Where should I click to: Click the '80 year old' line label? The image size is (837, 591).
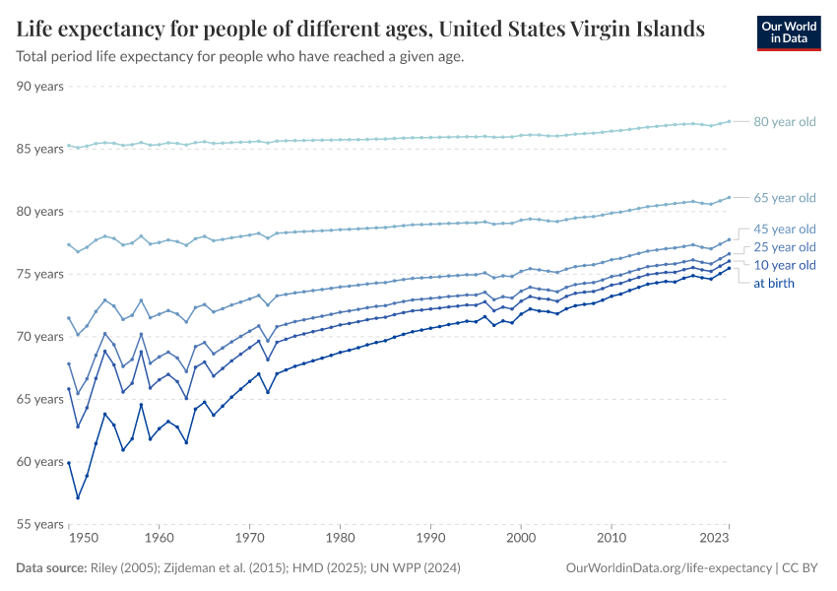pos(785,122)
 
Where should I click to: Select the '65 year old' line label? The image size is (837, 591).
pos(785,197)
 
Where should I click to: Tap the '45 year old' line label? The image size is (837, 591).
pos(785,229)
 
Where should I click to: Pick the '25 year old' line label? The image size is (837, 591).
pos(785,247)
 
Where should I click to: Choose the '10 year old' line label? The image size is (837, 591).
pos(785,265)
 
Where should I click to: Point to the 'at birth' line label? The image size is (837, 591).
pos(774,283)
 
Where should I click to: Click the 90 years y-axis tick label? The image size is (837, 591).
pos(41,87)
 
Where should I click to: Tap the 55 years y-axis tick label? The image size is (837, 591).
pos(41,524)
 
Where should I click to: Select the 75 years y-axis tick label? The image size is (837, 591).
pos(41,274)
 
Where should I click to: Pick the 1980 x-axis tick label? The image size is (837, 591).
pos(340,539)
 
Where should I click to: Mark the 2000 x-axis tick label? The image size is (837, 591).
pos(520,539)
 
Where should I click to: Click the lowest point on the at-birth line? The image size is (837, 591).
pos(78,497)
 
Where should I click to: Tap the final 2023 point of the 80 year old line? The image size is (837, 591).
pos(729,121)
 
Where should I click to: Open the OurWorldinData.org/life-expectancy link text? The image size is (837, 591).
pos(670,568)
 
